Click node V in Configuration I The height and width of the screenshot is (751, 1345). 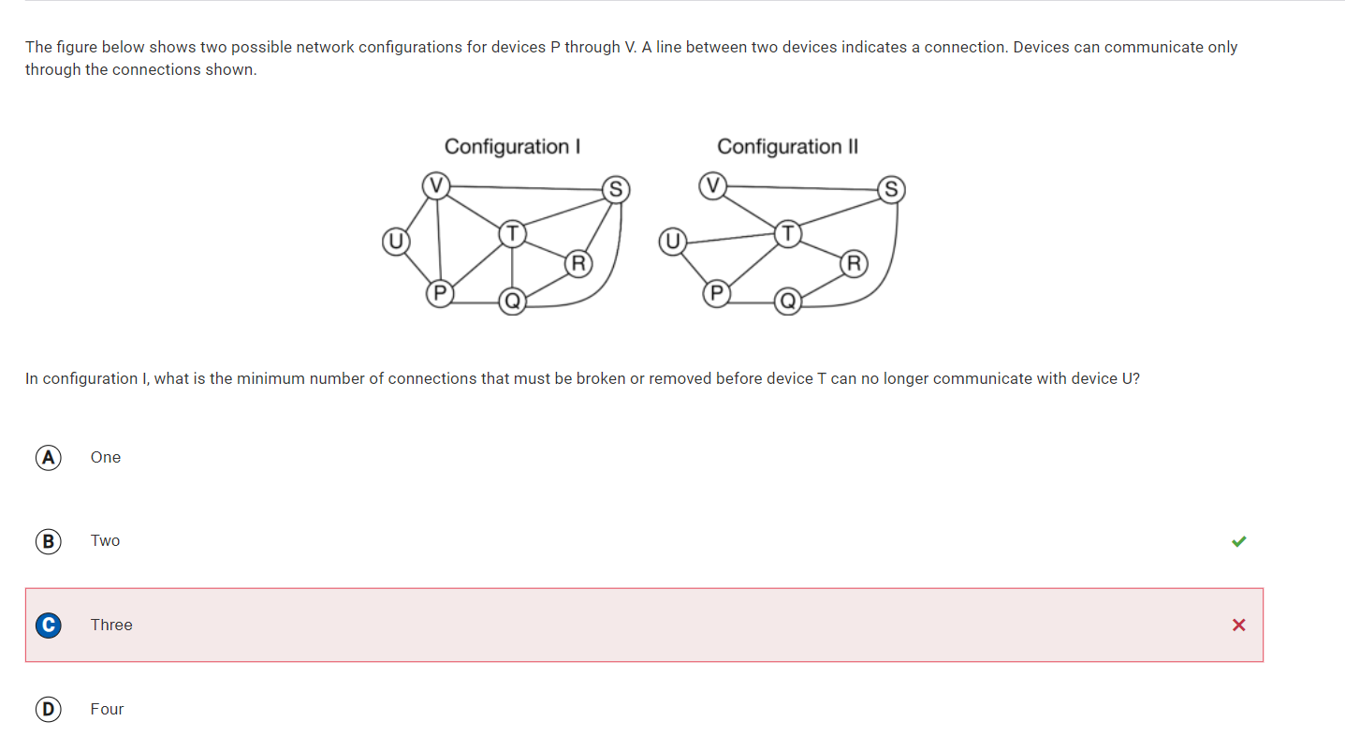click(x=436, y=185)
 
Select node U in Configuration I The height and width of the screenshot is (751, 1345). click(x=396, y=242)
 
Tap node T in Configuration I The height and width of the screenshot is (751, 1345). click(x=512, y=234)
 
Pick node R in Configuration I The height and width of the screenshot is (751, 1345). click(x=578, y=264)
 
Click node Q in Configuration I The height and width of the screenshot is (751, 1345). click(x=512, y=301)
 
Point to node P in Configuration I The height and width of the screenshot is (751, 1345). click(x=440, y=294)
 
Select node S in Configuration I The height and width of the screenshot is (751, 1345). click(x=616, y=190)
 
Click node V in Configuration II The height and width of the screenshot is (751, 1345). click(x=712, y=185)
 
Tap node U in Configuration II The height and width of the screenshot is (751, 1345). click(x=672, y=242)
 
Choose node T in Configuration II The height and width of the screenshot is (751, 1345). click(x=788, y=234)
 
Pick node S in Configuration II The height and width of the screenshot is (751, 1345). click(x=891, y=190)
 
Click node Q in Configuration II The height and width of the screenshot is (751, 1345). click(x=788, y=301)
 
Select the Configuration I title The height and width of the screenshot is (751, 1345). click(x=512, y=147)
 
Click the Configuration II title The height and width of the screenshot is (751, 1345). click(x=788, y=147)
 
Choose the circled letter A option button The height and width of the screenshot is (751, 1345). click(x=48, y=458)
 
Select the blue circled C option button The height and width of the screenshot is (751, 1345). click(x=48, y=625)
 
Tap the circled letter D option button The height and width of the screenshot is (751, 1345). click(x=48, y=709)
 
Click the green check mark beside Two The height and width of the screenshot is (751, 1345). click(x=1238, y=541)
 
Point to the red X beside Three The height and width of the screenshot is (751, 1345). click(x=1238, y=625)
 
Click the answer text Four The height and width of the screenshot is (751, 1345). click(x=107, y=709)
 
